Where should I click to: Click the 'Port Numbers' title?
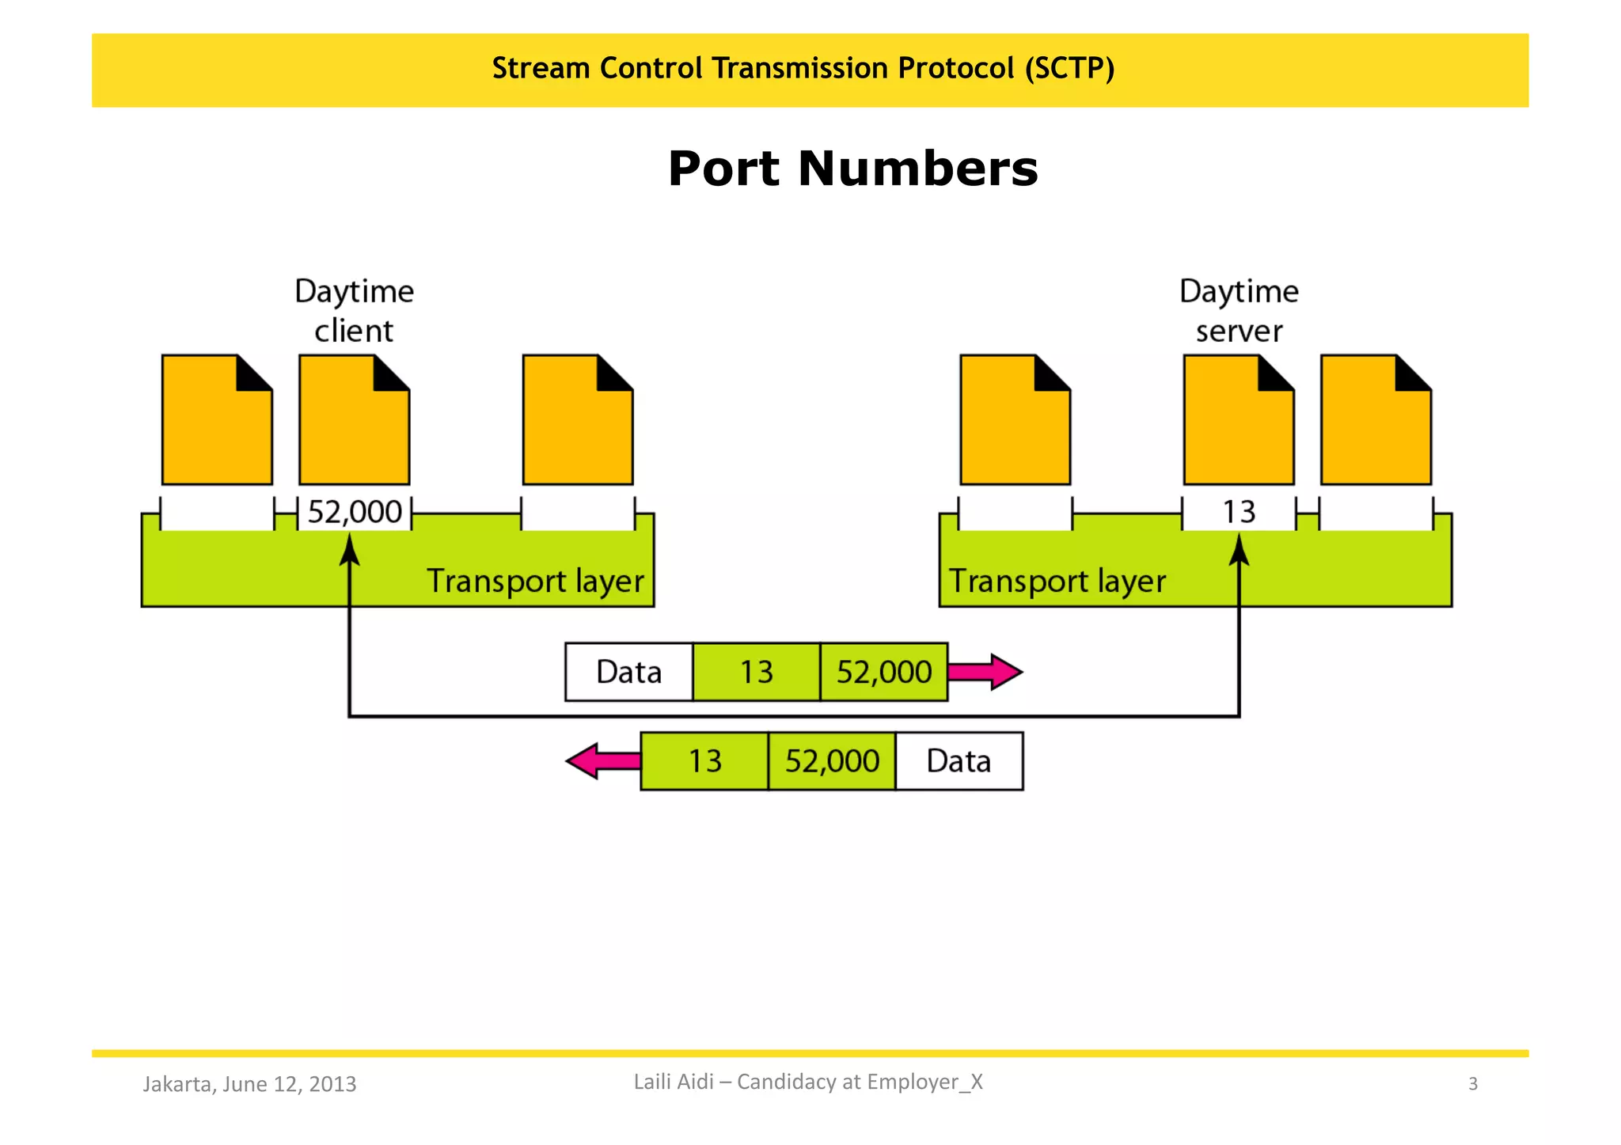[x=852, y=169]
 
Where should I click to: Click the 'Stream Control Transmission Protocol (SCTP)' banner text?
[x=803, y=69]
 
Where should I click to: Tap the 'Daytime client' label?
[x=354, y=310]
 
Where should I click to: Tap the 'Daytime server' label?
[x=1239, y=310]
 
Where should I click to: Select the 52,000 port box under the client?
[x=354, y=512]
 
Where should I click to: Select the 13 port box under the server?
[x=1239, y=512]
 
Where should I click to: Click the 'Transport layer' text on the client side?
[x=535, y=582]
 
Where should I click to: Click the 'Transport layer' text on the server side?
[x=1057, y=582]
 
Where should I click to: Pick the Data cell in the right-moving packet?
[x=628, y=673]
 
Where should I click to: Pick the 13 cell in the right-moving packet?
[x=756, y=673]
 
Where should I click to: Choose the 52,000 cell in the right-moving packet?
[x=883, y=673]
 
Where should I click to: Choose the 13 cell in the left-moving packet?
[x=704, y=761]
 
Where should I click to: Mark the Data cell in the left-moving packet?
[x=959, y=761]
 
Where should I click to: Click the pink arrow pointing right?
[x=986, y=673]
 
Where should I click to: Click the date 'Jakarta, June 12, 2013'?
[x=249, y=1084]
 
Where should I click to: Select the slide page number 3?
[x=1472, y=1084]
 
